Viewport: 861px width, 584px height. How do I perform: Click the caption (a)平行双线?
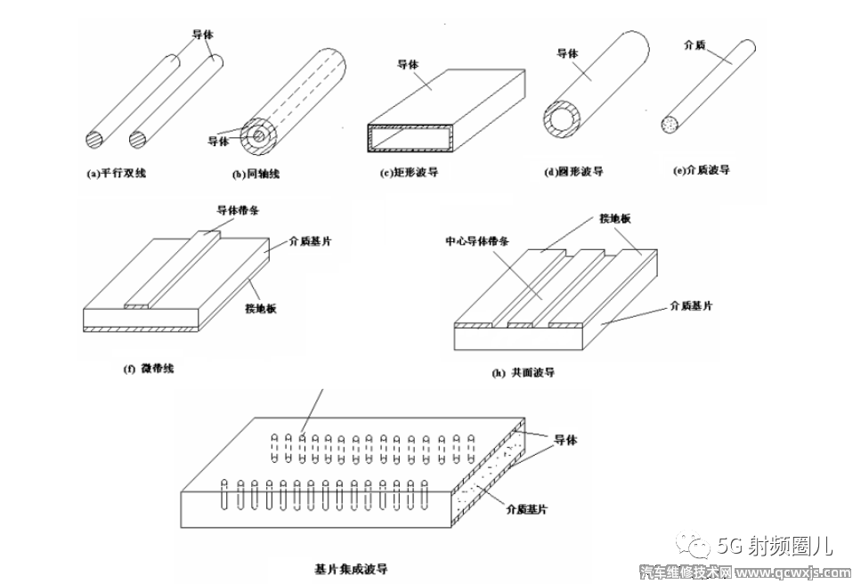coord(117,173)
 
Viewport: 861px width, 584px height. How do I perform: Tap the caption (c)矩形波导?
coord(409,173)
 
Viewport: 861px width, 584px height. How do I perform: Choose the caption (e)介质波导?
coord(703,169)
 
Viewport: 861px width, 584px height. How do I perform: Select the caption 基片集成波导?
coord(351,567)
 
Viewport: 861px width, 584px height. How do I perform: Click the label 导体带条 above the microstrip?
coord(240,211)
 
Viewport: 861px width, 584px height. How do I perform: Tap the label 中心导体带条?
coord(479,240)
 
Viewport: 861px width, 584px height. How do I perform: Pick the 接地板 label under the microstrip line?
coord(261,308)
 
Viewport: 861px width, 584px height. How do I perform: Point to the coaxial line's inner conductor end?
coord(257,135)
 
